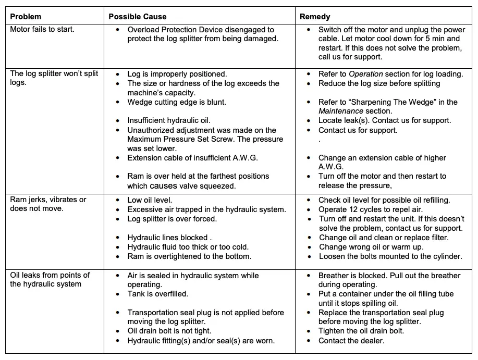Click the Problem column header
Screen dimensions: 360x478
(26, 17)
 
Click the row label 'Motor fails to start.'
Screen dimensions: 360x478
(42, 29)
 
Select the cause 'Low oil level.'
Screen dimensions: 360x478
(150, 200)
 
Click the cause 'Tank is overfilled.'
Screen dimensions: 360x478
(157, 294)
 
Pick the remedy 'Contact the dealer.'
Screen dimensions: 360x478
(351, 341)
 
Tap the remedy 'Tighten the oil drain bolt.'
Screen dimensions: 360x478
(361, 331)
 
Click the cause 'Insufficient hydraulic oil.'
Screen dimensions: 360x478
(169, 120)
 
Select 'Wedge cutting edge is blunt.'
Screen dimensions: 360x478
(177, 102)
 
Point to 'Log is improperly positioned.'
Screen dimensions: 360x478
(177, 74)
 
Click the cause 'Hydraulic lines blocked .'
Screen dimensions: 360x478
(169, 238)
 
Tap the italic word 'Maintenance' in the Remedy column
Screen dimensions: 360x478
(341, 111)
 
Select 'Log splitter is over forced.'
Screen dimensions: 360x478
(172, 219)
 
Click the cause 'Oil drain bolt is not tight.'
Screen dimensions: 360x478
(169, 331)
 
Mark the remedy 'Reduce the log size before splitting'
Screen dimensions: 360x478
(379, 83)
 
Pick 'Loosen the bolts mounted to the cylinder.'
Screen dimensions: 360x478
(390, 256)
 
